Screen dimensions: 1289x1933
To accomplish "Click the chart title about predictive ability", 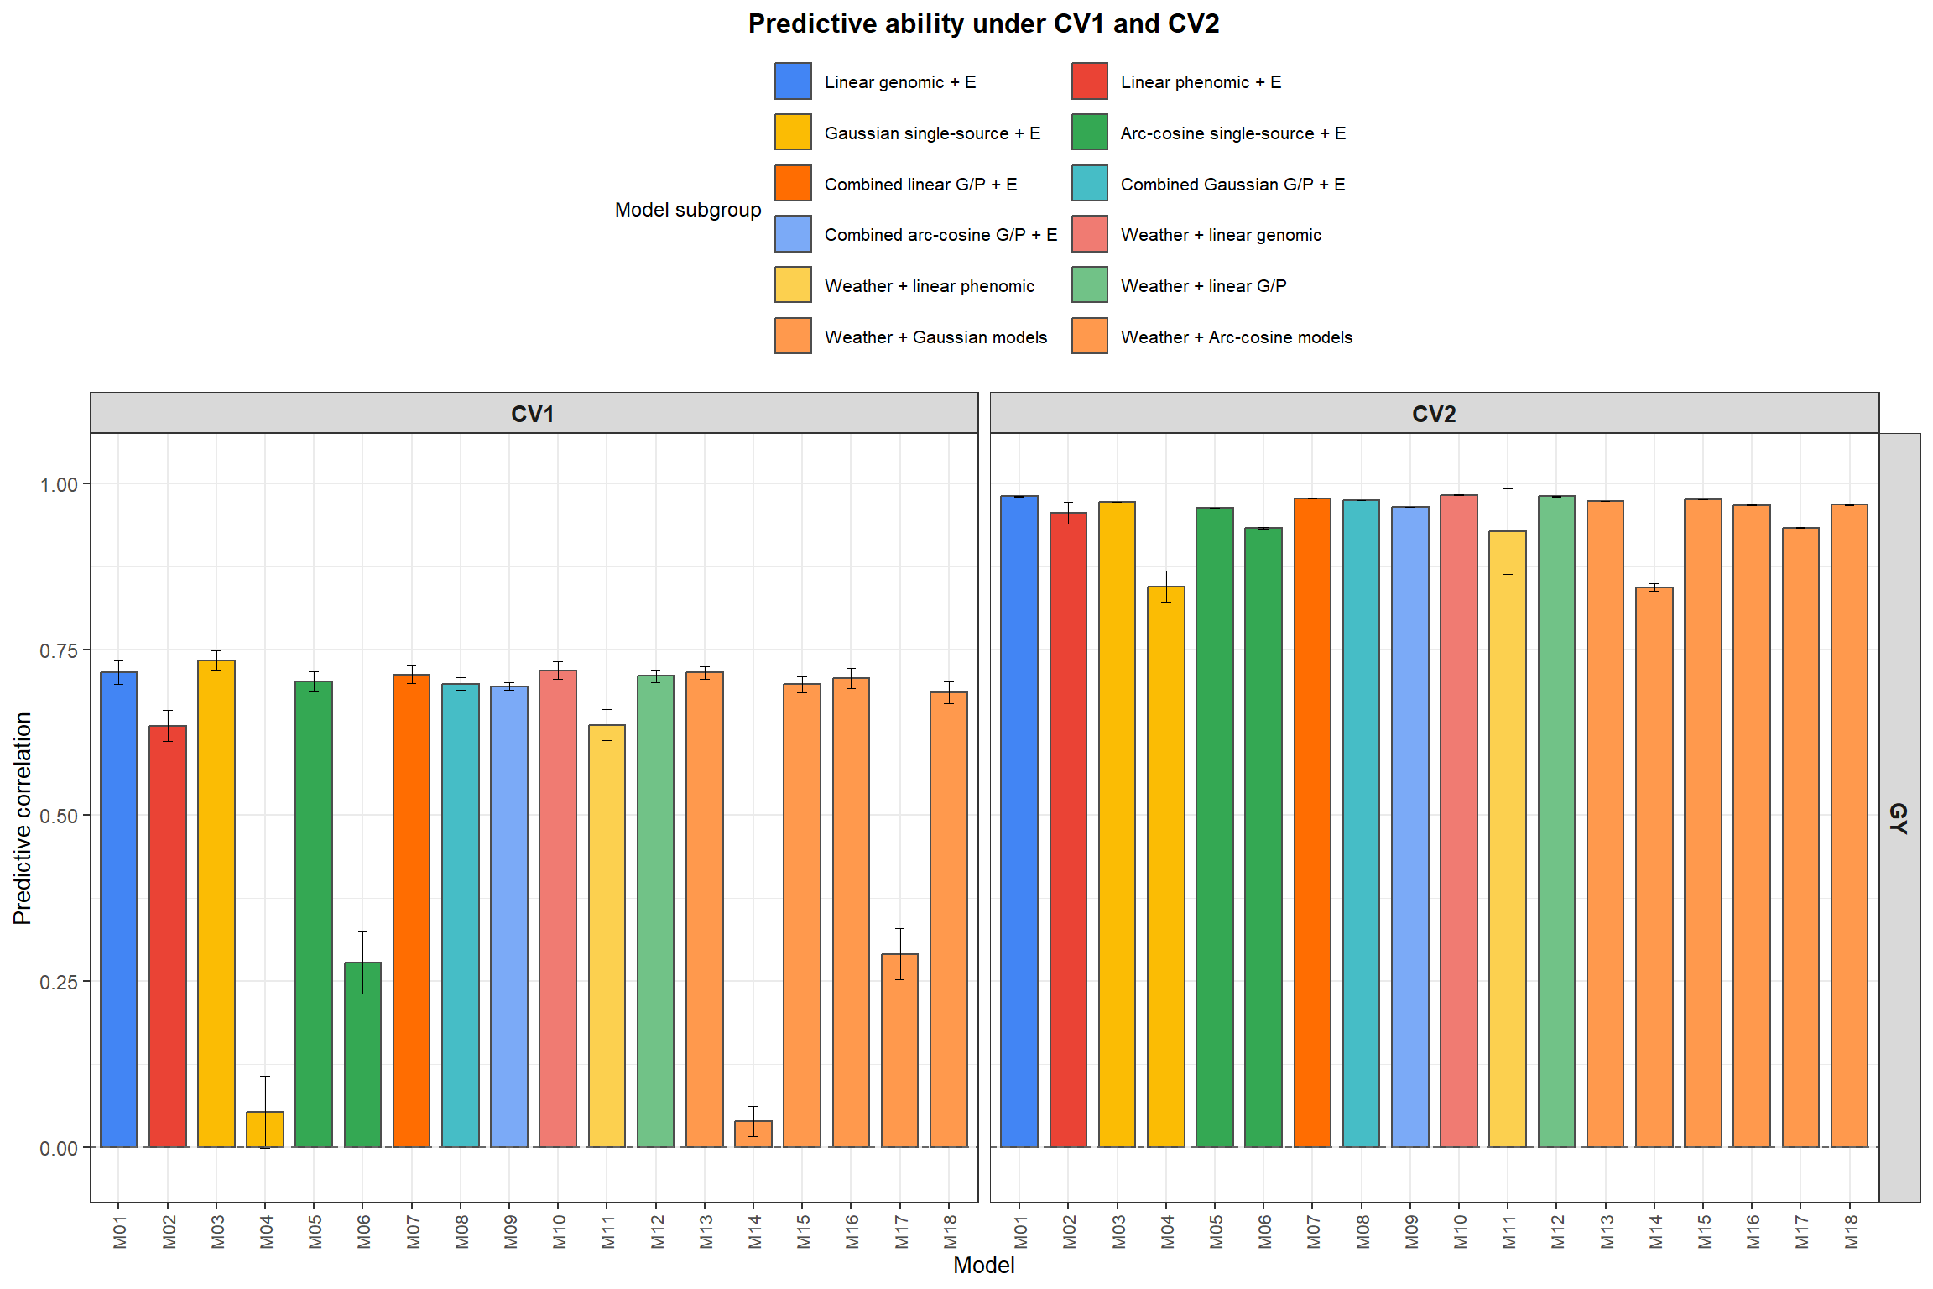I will (x=983, y=23).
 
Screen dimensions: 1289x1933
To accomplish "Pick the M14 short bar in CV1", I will (x=753, y=1135).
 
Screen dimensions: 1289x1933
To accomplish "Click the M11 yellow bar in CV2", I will (x=1507, y=839).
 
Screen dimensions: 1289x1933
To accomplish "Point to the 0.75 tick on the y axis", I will (x=59, y=651).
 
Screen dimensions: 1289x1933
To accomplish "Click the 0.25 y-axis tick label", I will (x=59, y=982).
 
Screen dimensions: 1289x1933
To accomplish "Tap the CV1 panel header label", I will (x=533, y=414).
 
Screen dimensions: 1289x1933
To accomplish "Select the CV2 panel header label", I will (x=1434, y=414).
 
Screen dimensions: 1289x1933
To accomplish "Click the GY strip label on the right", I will (x=1899, y=818).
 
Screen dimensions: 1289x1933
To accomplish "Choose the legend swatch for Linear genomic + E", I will (x=793, y=81).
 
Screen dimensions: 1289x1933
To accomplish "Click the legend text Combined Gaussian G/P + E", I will (x=1232, y=185).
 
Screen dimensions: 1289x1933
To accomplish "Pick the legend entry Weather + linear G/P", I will (x=1203, y=286).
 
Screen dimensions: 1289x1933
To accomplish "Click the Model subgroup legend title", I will (x=688, y=210).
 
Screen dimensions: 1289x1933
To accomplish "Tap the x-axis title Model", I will (x=983, y=1265).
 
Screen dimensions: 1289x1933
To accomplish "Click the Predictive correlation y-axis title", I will (x=23, y=818).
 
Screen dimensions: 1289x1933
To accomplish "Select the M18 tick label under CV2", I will (x=1851, y=1231).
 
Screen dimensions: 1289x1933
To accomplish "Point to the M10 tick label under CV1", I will (x=559, y=1231).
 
